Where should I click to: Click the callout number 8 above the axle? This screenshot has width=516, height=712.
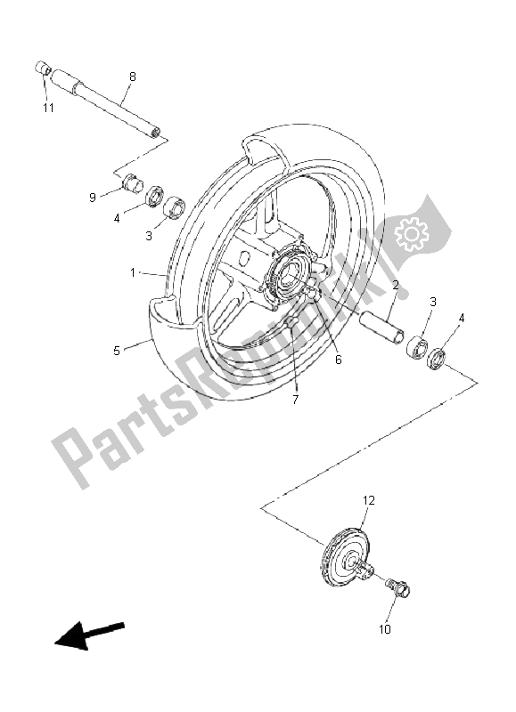[x=132, y=77]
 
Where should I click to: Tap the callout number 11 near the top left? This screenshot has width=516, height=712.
[x=47, y=108]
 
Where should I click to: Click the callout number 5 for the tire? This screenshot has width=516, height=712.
[x=117, y=351]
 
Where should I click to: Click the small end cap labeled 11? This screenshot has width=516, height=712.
[x=41, y=69]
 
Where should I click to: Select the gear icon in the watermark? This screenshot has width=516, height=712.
[x=412, y=233]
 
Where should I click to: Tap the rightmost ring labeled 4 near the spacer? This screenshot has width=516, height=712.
[x=438, y=360]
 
